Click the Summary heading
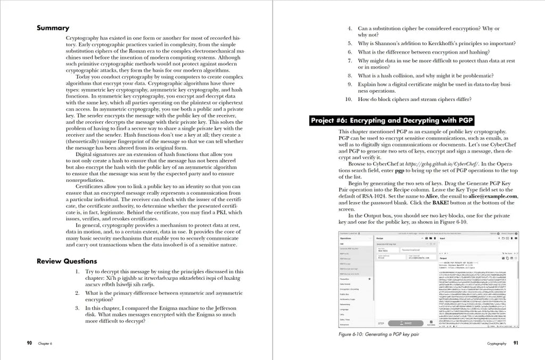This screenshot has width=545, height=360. click(53, 28)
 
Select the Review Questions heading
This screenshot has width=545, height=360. click(67, 261)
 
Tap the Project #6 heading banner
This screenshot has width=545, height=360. click(391, 121)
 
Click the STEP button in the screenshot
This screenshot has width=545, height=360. click(381, 323)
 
